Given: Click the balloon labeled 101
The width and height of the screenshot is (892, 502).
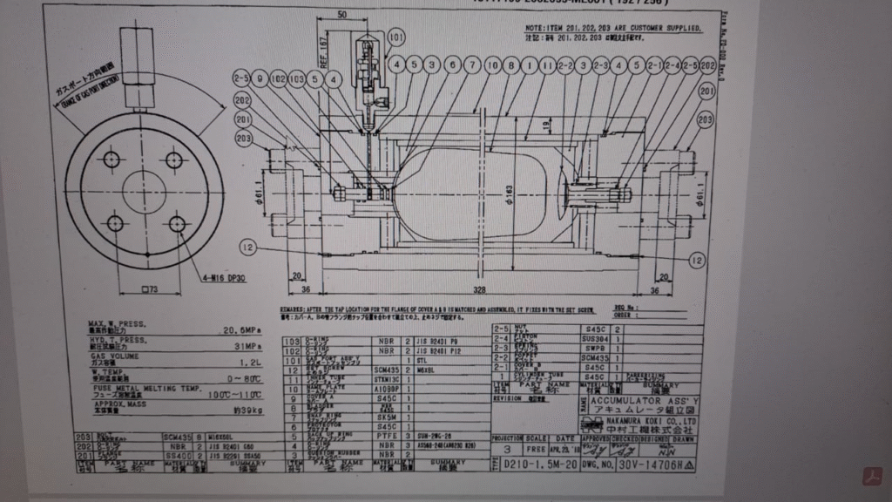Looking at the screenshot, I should (x=397, y=37).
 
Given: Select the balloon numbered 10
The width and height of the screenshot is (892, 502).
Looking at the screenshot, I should (x=492, y=65).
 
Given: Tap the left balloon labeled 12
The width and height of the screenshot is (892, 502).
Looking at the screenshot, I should (x=251, y=248).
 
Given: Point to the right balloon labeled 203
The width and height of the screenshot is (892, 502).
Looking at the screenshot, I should (x=705, y=119).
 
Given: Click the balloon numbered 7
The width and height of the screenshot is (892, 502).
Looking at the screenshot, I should (x=471, y=65).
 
